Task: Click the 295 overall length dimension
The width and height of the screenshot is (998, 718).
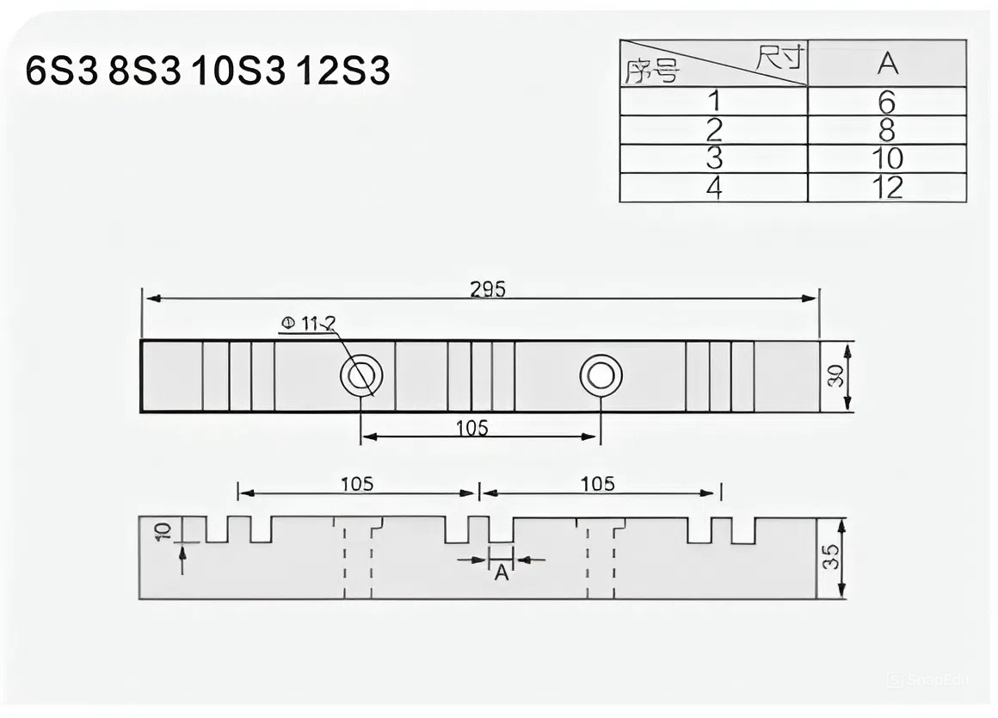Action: point(488,289)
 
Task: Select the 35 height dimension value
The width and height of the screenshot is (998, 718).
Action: point(830,558)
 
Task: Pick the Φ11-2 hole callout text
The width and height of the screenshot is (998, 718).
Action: point(307,324)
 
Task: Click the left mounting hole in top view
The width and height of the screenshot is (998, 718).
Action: point(361,376)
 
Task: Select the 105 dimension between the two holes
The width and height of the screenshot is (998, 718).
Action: point(471,427)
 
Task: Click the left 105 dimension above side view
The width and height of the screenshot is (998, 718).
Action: point(356,484)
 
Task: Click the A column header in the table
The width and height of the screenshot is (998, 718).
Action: point(887,63)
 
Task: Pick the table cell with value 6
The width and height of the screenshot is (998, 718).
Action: point(887,102)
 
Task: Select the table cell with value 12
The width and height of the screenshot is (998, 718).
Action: point(887,188)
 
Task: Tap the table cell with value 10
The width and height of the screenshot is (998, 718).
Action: point(887,159)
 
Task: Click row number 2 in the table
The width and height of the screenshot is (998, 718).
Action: point(714,130)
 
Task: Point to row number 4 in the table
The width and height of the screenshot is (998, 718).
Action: point(714,188)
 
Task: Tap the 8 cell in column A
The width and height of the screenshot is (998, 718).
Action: point(887,130)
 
